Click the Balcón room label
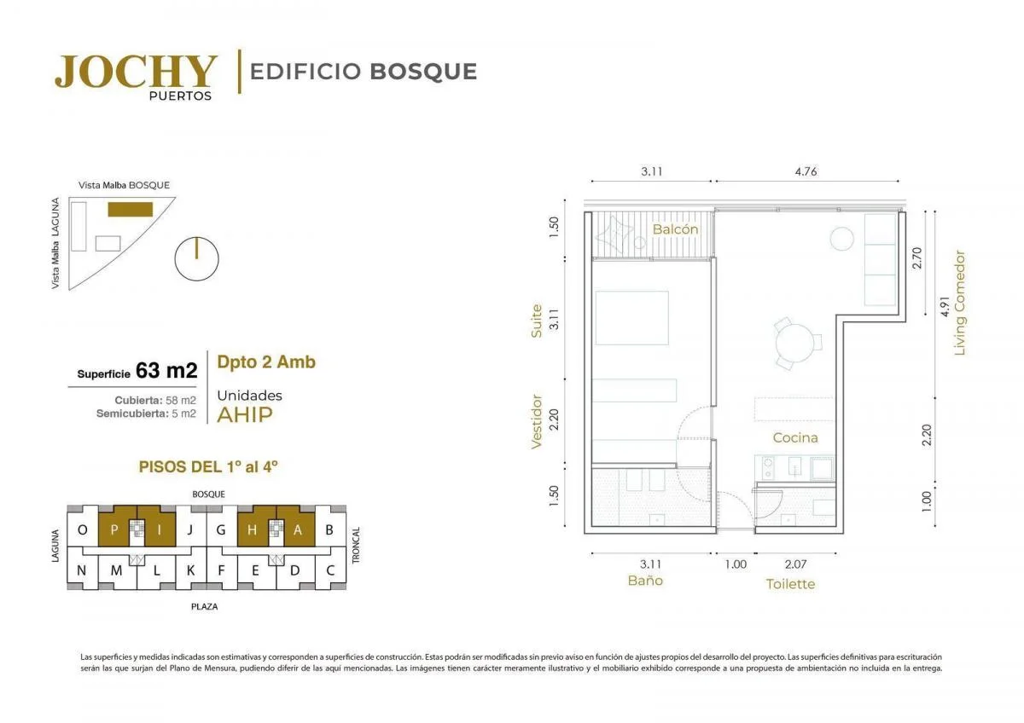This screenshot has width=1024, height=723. click(675, 229)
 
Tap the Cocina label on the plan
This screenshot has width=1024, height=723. click(795, 437)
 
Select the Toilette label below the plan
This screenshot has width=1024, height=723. click(790, 584)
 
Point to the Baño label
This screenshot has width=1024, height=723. click(645, 580)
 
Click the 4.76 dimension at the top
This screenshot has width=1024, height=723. click(806, 171)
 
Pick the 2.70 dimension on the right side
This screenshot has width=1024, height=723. click(917, 257)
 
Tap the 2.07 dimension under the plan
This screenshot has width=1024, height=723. click(795, 564)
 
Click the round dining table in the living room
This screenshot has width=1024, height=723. click(794, 343)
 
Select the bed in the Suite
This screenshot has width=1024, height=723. click(631, 318)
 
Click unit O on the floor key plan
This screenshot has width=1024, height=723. click(83, 529)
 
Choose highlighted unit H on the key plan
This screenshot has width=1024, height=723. click(252, 529)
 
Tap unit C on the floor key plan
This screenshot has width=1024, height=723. click(330, 570)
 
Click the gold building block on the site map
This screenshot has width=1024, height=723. click(131, 209)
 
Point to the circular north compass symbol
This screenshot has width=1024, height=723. click(196, 258)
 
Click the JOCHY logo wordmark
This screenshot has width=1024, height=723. click(136, 72)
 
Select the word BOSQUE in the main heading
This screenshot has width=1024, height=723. click(423, 72)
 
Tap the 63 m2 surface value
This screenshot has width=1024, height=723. click(166, 370)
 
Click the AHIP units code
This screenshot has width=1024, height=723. click(245, 414)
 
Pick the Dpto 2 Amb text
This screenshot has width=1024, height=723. click(266, 361)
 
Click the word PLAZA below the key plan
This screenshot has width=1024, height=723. click(204, 606)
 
